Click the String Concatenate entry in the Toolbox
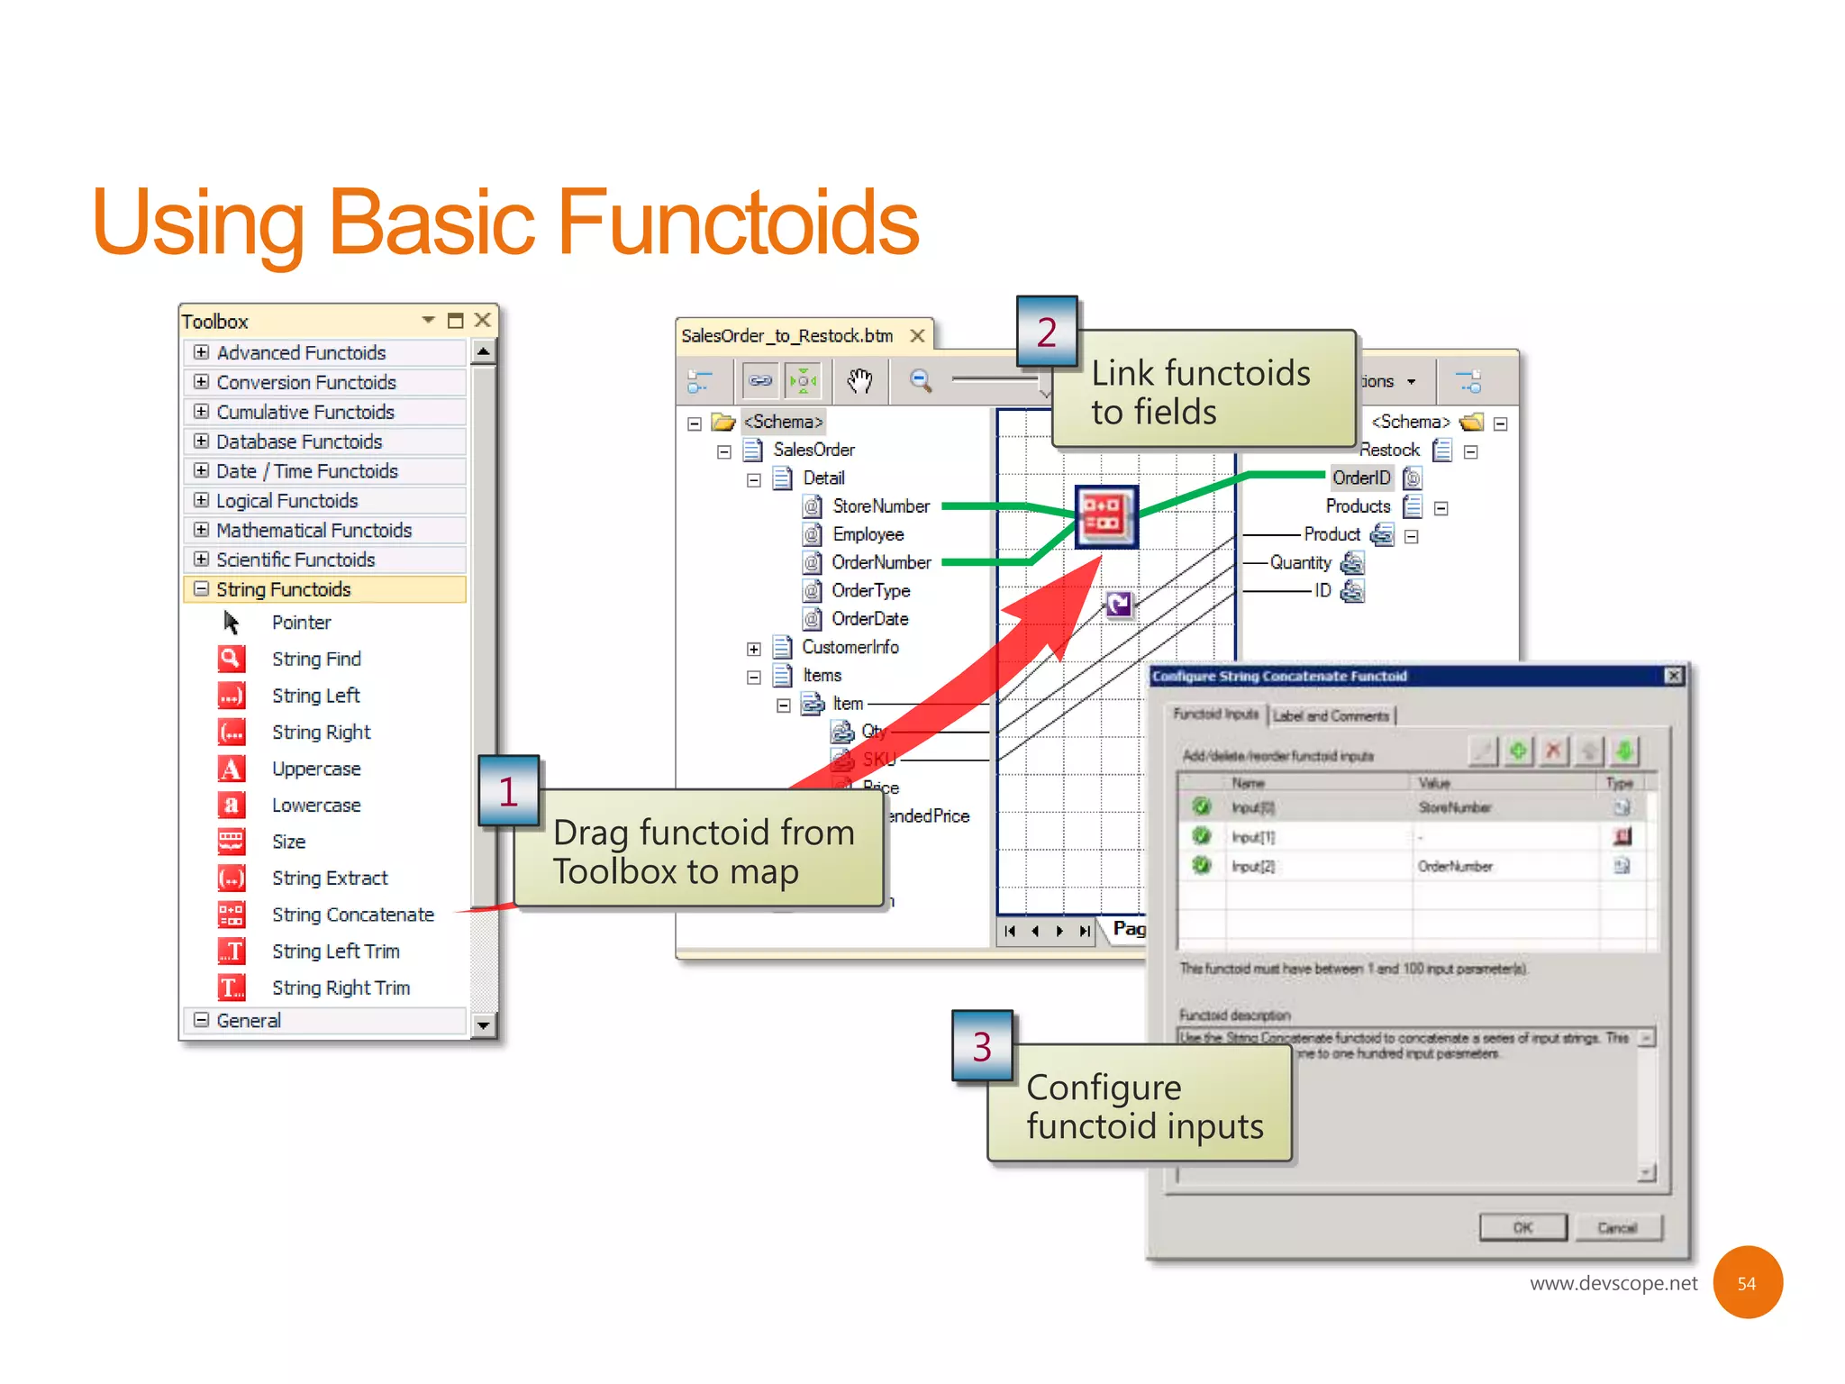point(352,915)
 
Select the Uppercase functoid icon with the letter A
point(232,769)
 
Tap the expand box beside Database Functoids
point(202,442)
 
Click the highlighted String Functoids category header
point(283,589)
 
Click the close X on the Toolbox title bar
point(483,320)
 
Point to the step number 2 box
point(1047,332)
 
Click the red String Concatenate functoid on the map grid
point(1105,516)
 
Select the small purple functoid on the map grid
point(1119,604)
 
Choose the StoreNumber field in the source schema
point(880,506)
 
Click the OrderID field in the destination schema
point(1360,478)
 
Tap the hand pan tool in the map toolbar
point(859,381)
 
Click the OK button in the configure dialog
point(1522,1227)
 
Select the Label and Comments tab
point(1331,715)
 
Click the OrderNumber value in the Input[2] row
point(1455,866)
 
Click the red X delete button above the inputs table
point(1553,751)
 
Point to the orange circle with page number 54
point(1747,1282)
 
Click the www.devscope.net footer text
point(1613,1283)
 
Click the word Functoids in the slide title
point(738,223)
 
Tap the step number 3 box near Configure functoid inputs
point(982,1046)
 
